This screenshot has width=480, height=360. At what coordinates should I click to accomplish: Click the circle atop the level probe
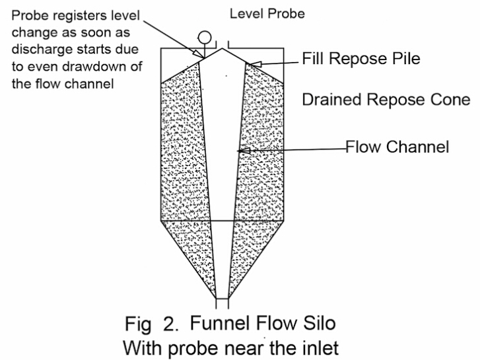tap(204, 37)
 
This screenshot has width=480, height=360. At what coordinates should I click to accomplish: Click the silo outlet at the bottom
tap(222, 305)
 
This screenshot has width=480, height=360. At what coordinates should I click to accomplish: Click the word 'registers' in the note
tap(67, 14)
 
